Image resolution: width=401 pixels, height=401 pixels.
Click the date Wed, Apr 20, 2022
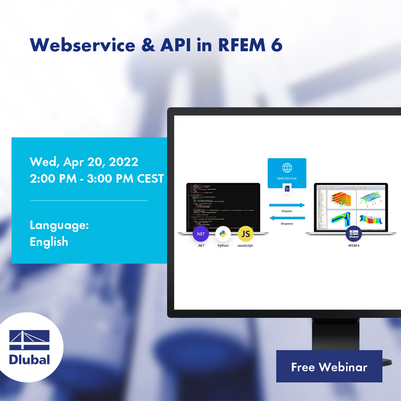click(84, 162)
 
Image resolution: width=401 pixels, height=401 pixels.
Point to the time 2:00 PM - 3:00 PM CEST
click(96, 179)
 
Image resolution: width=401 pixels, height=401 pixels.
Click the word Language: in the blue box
click(59, 225)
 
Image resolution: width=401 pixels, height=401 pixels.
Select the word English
click(49, 242)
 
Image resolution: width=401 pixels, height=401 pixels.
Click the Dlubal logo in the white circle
click(30, 347)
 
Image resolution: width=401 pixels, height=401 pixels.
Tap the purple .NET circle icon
click(200, 234)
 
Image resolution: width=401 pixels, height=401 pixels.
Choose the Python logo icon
click(223, 234)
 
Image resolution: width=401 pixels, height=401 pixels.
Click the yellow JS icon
click(245, 234)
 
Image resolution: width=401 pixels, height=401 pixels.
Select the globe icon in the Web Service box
click(287, 168)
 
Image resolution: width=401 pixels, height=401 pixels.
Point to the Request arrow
click(287, 205)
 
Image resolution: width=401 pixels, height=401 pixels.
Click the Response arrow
click(287, 218)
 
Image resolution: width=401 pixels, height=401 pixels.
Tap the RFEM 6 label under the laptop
click(353, 246)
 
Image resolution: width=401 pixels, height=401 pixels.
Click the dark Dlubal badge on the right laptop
click(353, 234)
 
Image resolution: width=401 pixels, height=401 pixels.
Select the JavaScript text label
click(245, 246)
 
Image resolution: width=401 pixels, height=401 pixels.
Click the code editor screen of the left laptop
click(223, 206)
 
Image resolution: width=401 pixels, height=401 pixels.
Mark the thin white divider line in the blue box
click(88, 200)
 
